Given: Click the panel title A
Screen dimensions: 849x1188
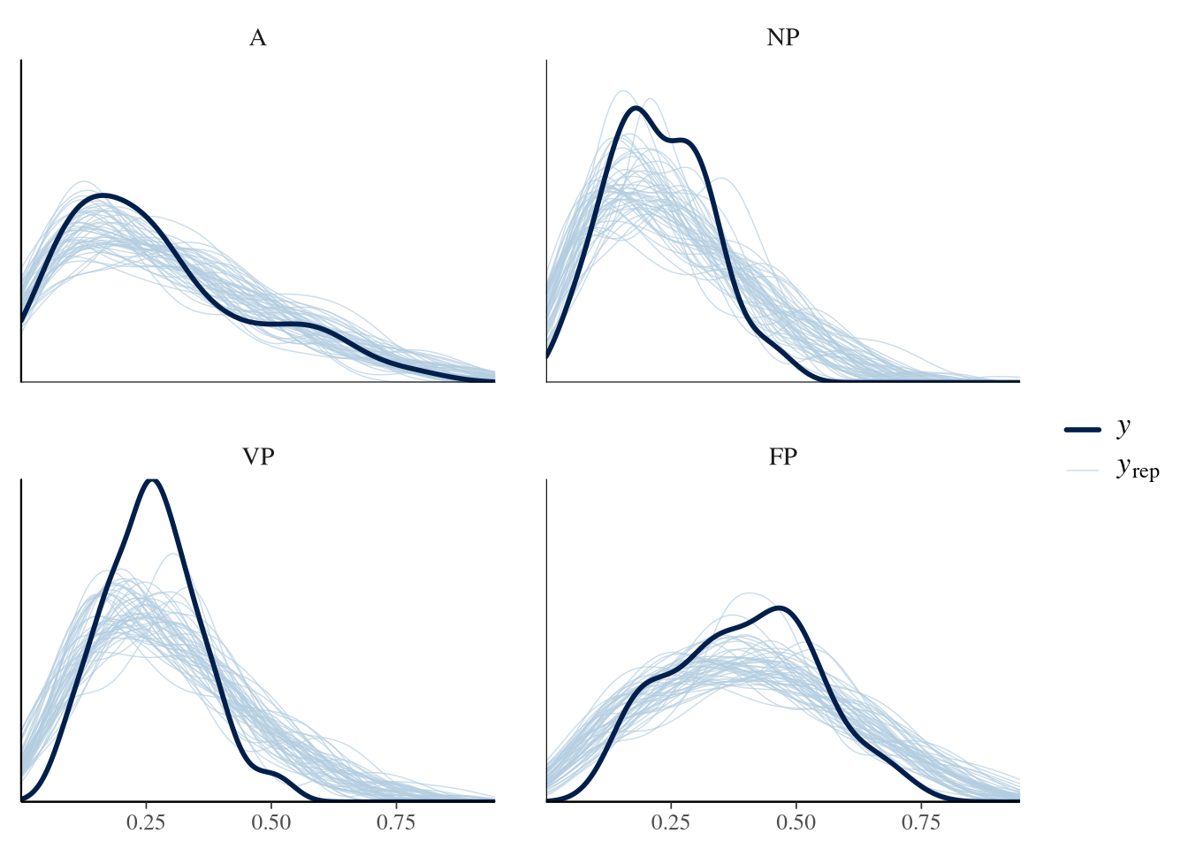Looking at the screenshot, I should click(257, 38).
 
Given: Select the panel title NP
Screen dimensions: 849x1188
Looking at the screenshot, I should click(783, 38).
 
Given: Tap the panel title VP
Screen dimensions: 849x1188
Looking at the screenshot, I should click(257, 457).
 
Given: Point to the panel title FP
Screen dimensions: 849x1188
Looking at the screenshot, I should click(783, 457).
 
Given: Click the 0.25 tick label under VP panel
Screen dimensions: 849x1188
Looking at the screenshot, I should click(146, 823).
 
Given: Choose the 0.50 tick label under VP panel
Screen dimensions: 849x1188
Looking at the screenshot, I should click(271, 823).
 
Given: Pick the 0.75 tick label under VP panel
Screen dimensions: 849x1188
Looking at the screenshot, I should click(396, 823).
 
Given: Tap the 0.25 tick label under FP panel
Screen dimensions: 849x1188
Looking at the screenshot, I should click(672, 823).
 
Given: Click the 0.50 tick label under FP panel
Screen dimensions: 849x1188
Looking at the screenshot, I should click(796, 823).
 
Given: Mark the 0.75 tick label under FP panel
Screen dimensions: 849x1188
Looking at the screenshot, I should click(921, 823).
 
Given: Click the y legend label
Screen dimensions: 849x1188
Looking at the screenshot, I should click(1123, 427).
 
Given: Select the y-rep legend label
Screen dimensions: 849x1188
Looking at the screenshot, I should click(1137, 468).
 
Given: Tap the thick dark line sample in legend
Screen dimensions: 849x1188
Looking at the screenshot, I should click(1082, 430).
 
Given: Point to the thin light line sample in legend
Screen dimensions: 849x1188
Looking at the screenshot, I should click(1082, 470).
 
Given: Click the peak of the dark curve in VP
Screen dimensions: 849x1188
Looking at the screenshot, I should click(152, 479).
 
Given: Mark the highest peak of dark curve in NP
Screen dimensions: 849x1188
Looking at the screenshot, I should click(635, 108).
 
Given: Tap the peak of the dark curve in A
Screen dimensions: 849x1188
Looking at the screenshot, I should click(103, 195).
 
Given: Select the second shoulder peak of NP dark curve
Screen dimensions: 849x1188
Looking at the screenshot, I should click(683, 140).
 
